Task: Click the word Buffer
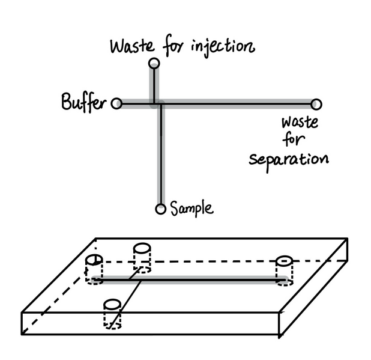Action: (x=83, y=103)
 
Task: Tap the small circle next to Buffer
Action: (x=117, y=104)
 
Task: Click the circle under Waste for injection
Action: (x=154, y=63)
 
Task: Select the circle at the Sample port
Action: (x=160, y=209)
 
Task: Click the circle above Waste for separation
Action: (x=316, y=105)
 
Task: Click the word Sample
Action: (x=191, y=209)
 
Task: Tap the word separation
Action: (x=289, y=160)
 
